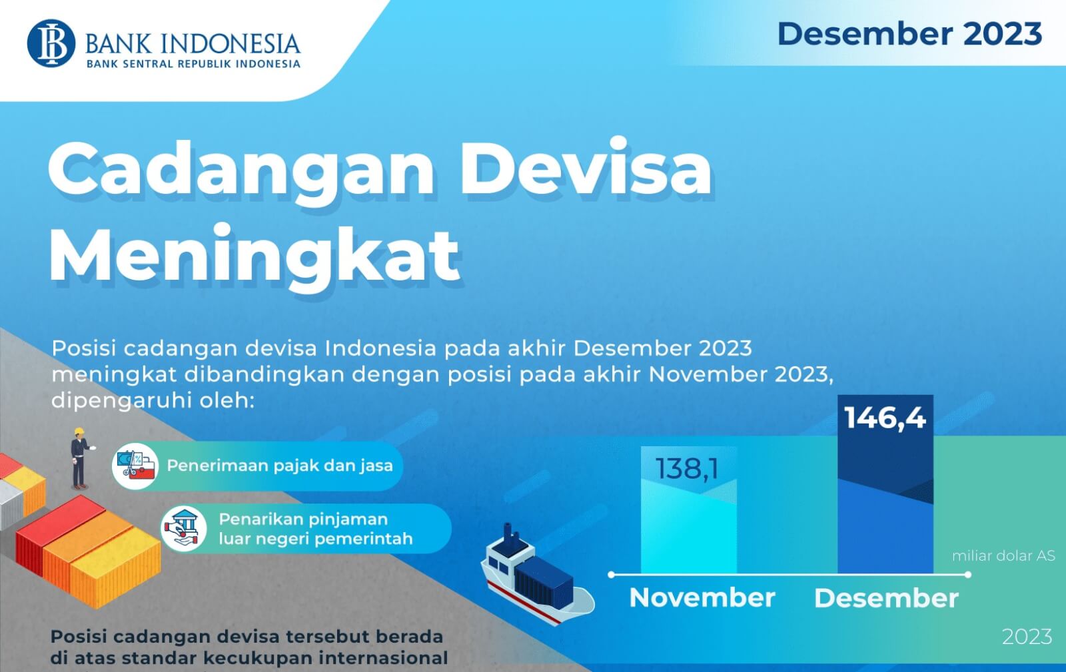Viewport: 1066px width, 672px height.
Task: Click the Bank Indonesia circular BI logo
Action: pos(51,43)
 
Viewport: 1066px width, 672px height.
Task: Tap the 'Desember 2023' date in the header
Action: pos(909,34)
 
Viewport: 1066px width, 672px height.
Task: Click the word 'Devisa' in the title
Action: pos(586,168)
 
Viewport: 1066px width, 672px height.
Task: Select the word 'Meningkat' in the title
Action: pos(255,256)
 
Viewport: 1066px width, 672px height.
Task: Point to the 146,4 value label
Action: pos(885,418)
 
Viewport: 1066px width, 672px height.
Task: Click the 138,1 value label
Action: pos(687,469)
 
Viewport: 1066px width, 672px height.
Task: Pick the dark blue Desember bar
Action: pos(885,526)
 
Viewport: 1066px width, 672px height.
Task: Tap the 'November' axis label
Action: pos(702,597)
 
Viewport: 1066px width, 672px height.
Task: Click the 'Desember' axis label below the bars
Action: pos(886,598)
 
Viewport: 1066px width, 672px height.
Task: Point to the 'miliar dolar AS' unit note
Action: pos(1003,555)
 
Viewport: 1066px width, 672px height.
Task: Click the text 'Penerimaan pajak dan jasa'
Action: pos(280,466)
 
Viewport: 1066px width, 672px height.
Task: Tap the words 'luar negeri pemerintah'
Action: pos(316,539)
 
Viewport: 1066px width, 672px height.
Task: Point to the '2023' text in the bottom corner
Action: pos(1027,637)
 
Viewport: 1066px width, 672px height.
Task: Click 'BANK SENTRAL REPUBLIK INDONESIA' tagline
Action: pos(193,64)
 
